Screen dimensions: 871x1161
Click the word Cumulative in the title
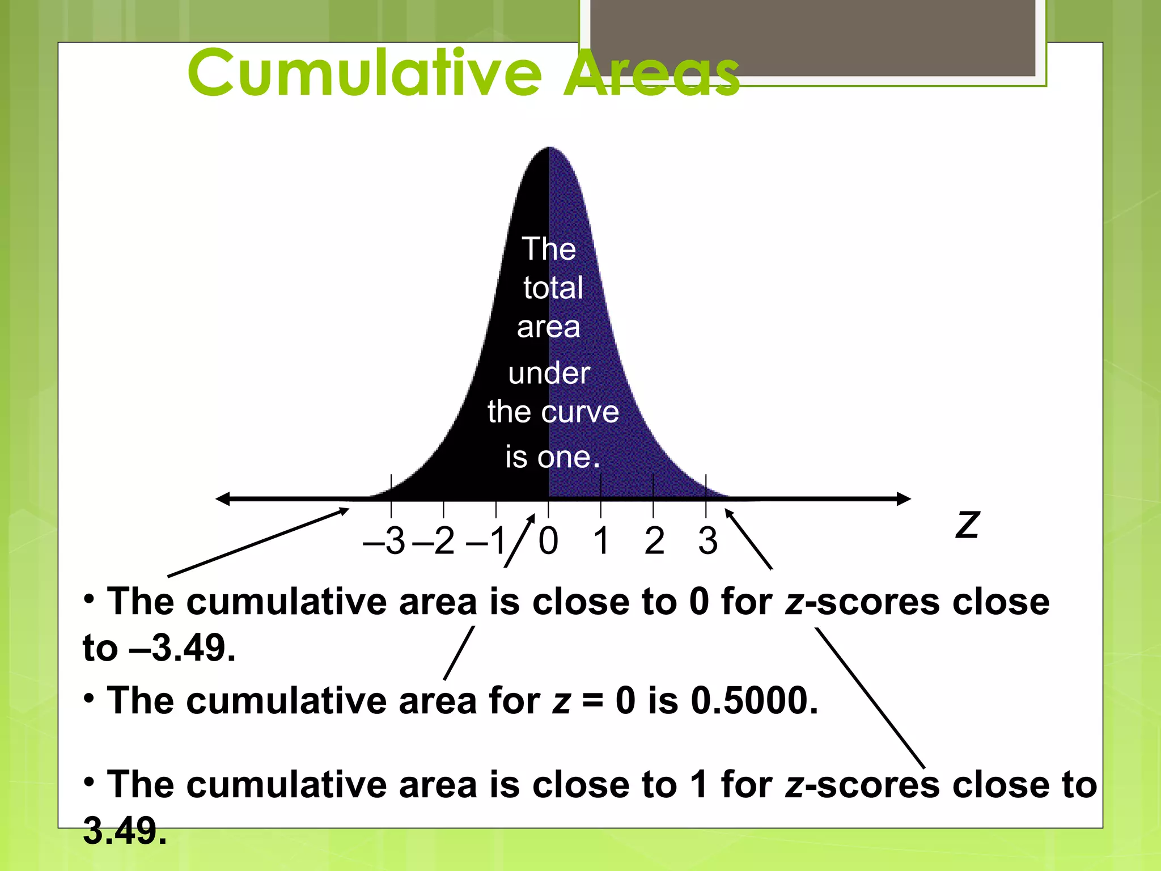tap(365, 73)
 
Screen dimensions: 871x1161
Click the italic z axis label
tap(967, 525)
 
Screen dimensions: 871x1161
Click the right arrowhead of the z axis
tap(904, 499)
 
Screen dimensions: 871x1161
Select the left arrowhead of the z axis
tap(223, 499)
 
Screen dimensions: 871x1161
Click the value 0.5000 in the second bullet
tap(754, 701)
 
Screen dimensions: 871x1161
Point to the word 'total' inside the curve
tap(553, 287)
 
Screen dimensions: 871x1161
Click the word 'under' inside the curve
tap(549, 373)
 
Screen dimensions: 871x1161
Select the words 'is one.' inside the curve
tap(552, 457)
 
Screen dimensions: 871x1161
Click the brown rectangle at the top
tap(813, 37)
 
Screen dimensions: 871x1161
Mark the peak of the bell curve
tap(549, 149)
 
